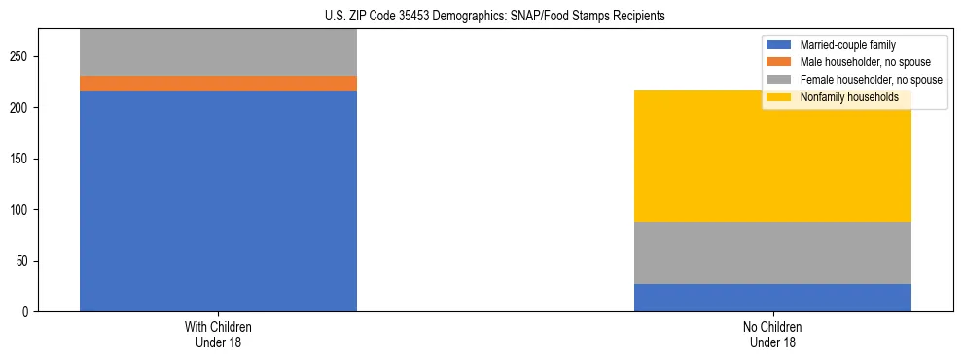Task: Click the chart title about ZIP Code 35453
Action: point(481,16)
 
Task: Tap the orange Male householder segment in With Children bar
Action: point(218,84)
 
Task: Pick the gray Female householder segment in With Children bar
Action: point(218,53)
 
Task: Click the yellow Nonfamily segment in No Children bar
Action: point(772,156)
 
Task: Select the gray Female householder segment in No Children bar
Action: point(772,253)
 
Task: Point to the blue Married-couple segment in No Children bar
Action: point(772,298)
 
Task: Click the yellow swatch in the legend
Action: point(779,97)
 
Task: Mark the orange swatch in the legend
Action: point(779,62)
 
